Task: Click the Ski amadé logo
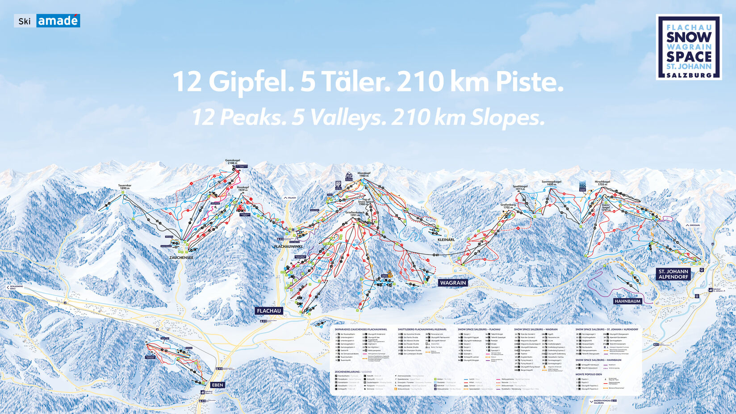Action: coord(47,21)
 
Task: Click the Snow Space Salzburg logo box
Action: coord(689,47)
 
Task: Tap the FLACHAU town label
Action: coord(269,311)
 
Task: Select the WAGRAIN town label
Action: coord(453,283)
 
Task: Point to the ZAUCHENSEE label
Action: coord(181,258)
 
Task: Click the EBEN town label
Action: coord(217,385)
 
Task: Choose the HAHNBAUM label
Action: coord(627,301)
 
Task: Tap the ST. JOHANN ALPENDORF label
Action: coord(673,274)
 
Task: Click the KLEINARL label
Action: coord(446,240)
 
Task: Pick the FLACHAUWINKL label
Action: coord(288,247)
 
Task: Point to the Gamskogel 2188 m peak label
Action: coord(233,162)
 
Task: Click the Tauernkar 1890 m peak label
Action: coord(125,187)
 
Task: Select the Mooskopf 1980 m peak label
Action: coord(364,174)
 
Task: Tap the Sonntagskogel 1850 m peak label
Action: coord(551,183)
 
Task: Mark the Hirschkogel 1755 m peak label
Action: coord(602,183)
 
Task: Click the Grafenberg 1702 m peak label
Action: coord(508,206)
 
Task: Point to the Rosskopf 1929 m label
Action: coord(243,189)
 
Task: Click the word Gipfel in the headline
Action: coord(250,82)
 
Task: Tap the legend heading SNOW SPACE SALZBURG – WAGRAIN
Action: coord(535,330)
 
